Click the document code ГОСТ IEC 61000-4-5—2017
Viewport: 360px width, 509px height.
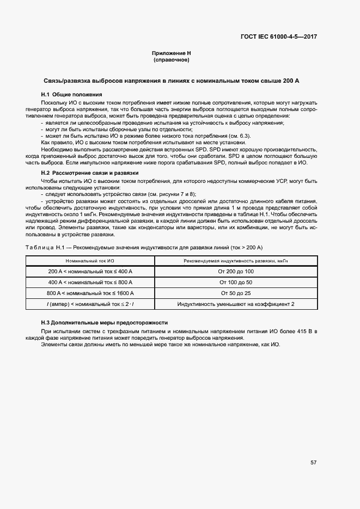coord(279,38)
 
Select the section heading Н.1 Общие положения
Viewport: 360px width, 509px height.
coord(68,95)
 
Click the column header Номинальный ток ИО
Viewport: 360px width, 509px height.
coord(90,261)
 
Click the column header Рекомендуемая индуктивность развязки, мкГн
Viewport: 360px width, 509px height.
coord(236,261)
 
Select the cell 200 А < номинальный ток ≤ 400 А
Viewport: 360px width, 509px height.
coord(90,272)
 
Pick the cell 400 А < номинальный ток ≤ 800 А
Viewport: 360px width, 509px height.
coord(90,283)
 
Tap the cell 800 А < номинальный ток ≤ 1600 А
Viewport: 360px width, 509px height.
coord(90,293)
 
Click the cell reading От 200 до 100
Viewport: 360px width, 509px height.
coord(236,272)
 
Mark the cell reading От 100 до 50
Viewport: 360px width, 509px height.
coord(236,283)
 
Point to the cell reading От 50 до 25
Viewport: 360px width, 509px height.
coord(236,293)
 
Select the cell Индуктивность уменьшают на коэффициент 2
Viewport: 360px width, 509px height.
coord(236,304)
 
